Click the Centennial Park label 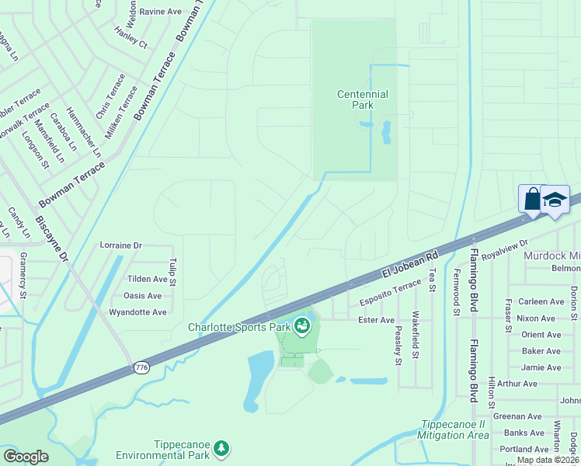[362, 99]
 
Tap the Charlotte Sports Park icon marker [301, 327]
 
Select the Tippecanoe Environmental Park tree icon [222, 447]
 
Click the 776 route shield [141, 368]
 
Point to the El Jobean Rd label [410, 264]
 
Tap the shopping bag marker [532, 199]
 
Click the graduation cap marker [555, 199]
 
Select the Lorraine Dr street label [121, 245]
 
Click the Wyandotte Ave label [139, 312]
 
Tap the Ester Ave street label [376, 319]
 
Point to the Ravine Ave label [159, 12]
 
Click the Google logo [26, 456]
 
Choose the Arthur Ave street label [517, 384]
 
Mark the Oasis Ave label [143, 296]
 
